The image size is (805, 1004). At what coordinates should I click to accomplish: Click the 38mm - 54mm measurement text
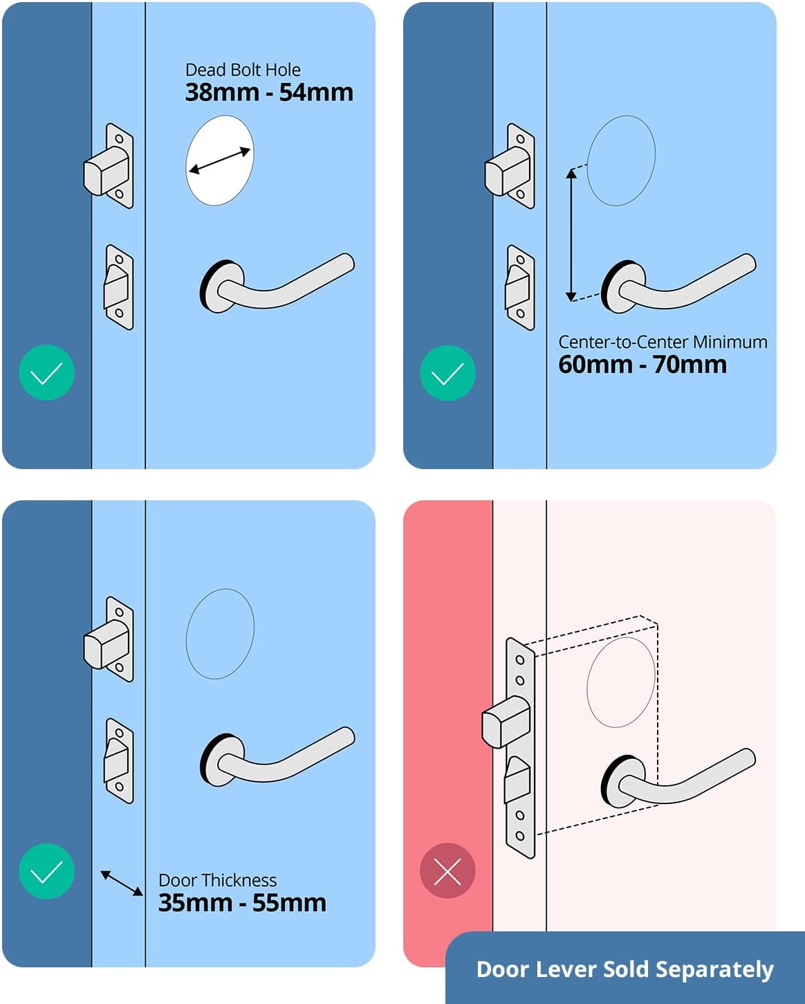tap(269, 93)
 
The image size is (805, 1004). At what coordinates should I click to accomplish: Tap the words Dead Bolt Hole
tap(243, 70)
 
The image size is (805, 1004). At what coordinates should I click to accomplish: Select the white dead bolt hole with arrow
tap(220, 161)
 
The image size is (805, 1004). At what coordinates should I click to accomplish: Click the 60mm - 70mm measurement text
tap(642, 365)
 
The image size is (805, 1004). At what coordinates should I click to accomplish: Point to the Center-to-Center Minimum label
tap(663, 342)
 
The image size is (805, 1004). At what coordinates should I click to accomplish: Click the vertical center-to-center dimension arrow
tap(571, 235)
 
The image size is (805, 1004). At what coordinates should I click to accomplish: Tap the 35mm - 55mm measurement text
tap(242, 903)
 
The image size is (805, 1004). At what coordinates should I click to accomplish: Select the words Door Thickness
tap(217, 880)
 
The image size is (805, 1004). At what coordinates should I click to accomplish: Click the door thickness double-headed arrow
tap(122, 883)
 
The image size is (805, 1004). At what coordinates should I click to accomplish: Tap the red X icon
tap(447, 871)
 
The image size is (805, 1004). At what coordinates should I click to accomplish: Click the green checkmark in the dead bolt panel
tap(46, 373)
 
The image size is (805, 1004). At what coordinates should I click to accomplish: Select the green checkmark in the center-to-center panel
tap(447, 373)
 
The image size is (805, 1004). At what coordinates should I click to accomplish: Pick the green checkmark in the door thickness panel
tap(46, 871)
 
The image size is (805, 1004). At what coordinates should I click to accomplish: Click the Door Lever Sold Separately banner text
tap(624, 969)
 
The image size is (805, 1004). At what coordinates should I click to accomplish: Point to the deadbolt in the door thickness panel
tap(107, 640)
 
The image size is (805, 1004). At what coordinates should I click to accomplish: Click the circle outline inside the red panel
tap(620, 682)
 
